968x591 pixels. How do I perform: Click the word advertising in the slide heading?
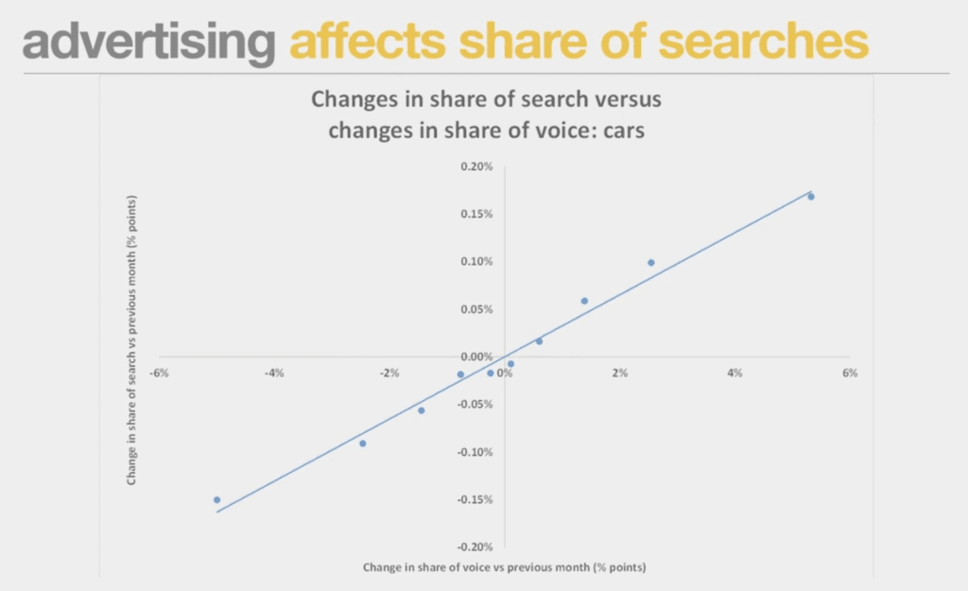148,42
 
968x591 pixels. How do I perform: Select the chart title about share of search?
487,114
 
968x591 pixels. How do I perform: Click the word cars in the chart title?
624,130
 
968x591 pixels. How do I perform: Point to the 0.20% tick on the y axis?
476,166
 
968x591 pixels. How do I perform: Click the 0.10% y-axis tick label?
476,262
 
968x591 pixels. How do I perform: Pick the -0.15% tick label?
475,499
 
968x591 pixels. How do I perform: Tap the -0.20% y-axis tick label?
475,548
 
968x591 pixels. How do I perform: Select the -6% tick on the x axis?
159,373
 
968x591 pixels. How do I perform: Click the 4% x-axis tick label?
735,373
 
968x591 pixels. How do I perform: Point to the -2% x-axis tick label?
389,373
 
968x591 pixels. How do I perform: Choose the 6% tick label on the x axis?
850,373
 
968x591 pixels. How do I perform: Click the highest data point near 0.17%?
811,197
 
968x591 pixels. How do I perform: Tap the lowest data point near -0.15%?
216,500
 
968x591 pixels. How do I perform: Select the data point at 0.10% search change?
651,263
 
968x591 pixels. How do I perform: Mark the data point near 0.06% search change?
584,302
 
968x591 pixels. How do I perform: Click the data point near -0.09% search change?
363,443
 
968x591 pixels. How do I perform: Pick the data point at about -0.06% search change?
422,410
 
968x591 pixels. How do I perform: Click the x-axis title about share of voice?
505,567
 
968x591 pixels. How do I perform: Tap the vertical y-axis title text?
131,340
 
